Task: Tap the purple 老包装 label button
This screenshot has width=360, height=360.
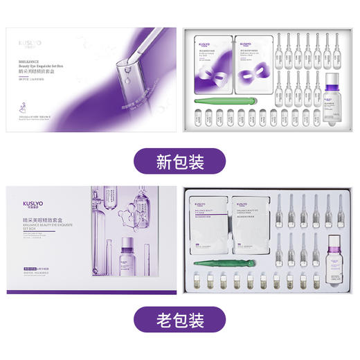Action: tap(179, 321)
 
